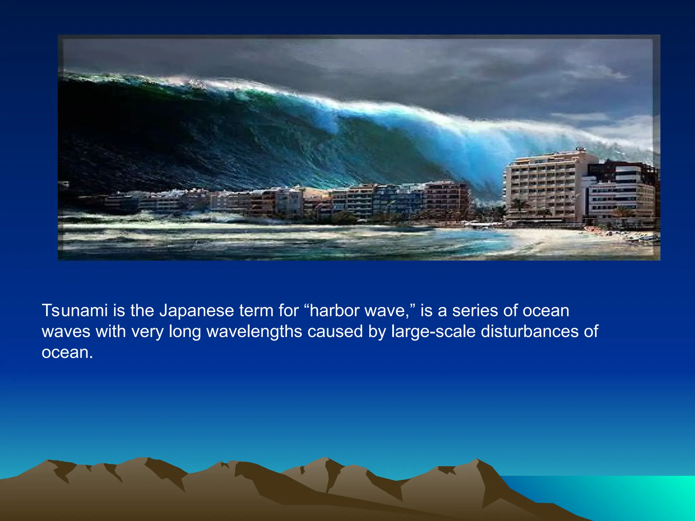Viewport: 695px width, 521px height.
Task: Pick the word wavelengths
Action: [x=254, y=332]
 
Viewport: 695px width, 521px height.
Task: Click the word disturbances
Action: [x=529, y=331]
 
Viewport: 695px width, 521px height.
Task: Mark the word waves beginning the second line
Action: [x=66, y=332]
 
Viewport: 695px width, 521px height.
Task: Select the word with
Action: [x=111, y=331]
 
